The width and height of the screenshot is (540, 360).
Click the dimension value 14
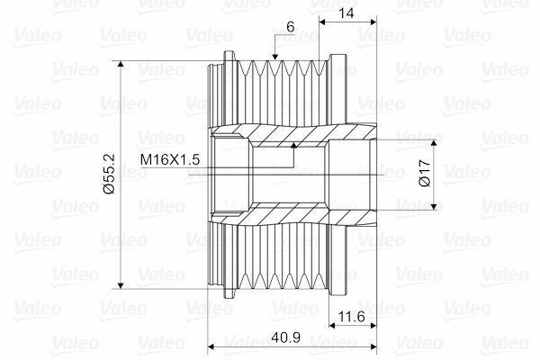(x=346, y=13)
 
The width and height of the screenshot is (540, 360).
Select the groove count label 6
(x=291, y=27)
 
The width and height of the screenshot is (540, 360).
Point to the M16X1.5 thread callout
(x=170, y=159)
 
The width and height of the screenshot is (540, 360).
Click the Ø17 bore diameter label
(x=426, y=173)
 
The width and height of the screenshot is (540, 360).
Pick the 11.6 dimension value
(x=352, y=316)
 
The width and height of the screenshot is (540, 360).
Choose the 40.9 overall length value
(x=286, y=337)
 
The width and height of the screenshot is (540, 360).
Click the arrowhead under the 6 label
(x=274, y=57)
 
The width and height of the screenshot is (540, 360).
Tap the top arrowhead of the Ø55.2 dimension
(x=121, y=65)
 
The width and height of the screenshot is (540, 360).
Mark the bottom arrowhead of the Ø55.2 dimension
(x=121, y=285)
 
